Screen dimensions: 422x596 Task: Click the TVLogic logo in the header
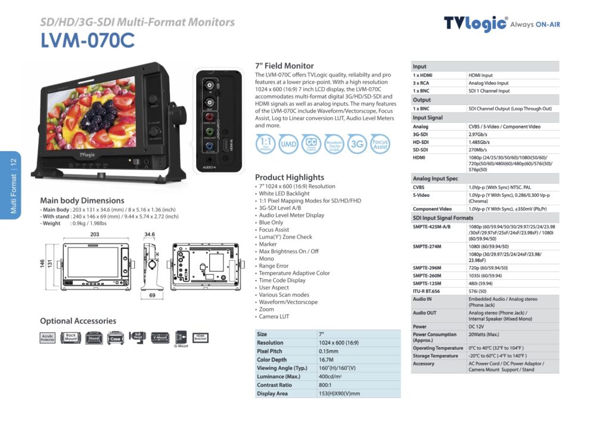click(476, 23)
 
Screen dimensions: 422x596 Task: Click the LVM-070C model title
click(88, 41)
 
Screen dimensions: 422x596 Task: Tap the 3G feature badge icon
click(357, 144)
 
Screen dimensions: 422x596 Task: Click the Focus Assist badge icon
click(380, 144)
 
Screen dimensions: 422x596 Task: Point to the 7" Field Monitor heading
click(284, 66)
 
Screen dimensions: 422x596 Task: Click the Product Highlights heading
click(290, 177)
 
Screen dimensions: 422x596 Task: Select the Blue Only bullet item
click(271, 223)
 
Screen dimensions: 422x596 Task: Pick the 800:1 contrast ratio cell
click(327, 385)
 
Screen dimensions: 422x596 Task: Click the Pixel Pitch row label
click(269, 352)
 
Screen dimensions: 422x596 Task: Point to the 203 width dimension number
click(95, 235)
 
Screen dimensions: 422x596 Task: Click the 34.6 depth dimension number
click(149, 235)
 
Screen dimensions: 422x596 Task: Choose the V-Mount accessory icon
click(160, 338)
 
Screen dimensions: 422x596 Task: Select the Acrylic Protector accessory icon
click(48, 338)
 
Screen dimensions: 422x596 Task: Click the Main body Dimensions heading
click(82, 201)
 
